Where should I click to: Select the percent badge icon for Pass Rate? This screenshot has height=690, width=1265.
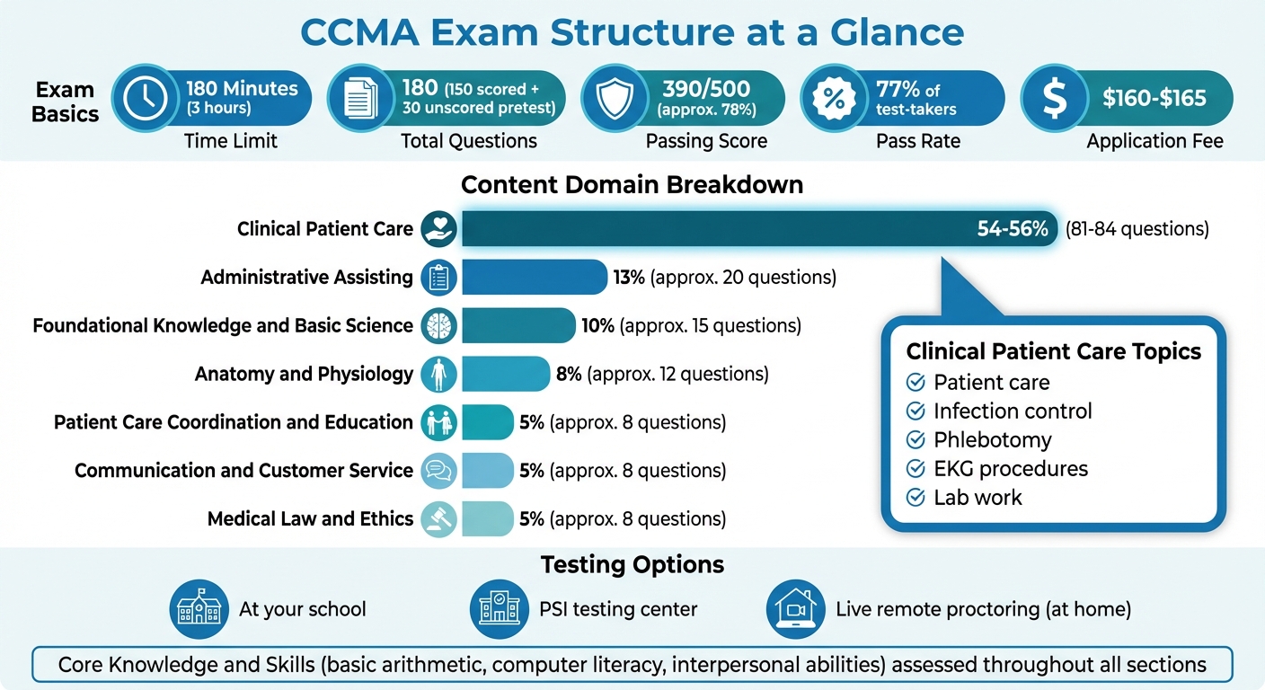pyautogui.click(x=834, y=99)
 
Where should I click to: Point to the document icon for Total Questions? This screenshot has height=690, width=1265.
pyautogui.click(x=360, y=99)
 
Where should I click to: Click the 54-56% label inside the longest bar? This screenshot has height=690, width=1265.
pyautogui.click(x=1013, y=229)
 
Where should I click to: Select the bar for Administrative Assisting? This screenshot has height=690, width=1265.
pyautogui.click(x=534, y=277)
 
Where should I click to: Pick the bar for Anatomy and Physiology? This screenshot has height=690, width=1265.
pyautogui.click(x=505, y=374)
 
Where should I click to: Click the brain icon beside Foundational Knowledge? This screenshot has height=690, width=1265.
pyautogui.click(x=439, y=325)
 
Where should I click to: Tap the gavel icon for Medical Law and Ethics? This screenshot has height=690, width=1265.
pyautogui.click(x=439, y=519)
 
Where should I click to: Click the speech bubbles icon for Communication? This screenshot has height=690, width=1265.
pyautogui.click(x=439, y=471)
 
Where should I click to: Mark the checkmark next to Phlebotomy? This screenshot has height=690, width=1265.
pyautogui.click(x=916, y=440)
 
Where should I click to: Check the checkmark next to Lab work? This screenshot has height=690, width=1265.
pyautogui.click(x=916, y=498)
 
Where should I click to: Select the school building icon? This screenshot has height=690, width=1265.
pyautogui.click(x=199, y=609)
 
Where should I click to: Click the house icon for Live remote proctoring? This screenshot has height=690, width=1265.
pyautogui.click(x=795, y=609)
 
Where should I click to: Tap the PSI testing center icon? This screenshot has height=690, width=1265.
pyautogui.click(x=499, y=609)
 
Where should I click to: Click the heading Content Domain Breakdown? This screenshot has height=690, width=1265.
pyautogui.click(x=632, y=185)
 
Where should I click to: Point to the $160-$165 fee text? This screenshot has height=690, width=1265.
pyautogui.click(x=1154, y=98)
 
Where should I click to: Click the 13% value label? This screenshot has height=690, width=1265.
pyautogui.click(x=629, y=278)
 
